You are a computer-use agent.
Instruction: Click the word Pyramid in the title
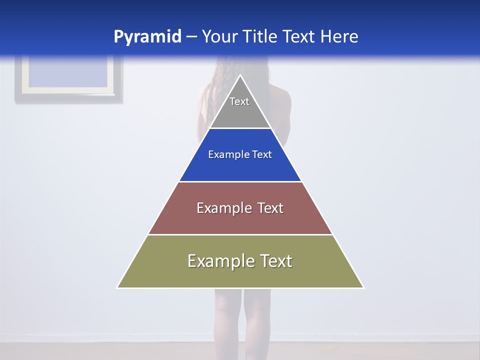click(x=147, y=37)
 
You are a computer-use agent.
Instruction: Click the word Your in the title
click(x=219, y=37)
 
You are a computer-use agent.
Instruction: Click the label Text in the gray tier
click(x=239, y=101)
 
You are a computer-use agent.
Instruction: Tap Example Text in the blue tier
click(x=240, y=154)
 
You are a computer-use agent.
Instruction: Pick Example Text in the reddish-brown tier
click(x=240, y=208)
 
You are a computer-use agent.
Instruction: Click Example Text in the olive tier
click(x=240, y=261)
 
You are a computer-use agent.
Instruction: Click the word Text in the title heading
click(x=299, y=37)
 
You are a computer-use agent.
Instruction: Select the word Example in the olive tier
click(x=221, y=261)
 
